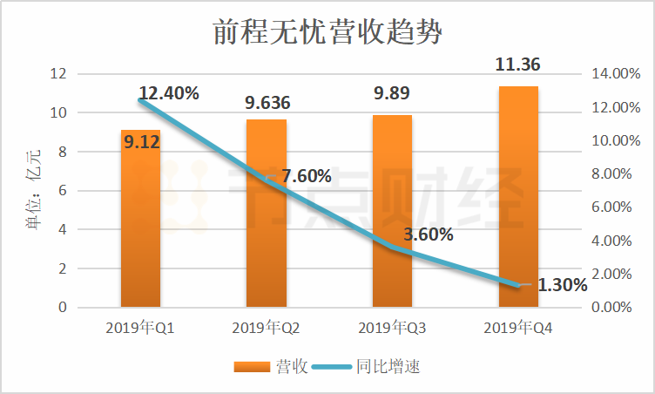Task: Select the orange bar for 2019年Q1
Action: pyautogui.click(x=140, y=227)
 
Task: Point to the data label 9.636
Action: pyautogui.click(x=267, y=104)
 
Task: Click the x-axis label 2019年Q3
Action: pyautogui.click(x=392, y=329)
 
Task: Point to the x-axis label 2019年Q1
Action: pyautogui.click(x=140, y=329)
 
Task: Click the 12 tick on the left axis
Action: pyautogui.click(x=58, y=74)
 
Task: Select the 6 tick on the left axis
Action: pyautogui.click(x=62, y=191)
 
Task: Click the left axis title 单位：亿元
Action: pyautogui.click(x=32, y=190)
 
